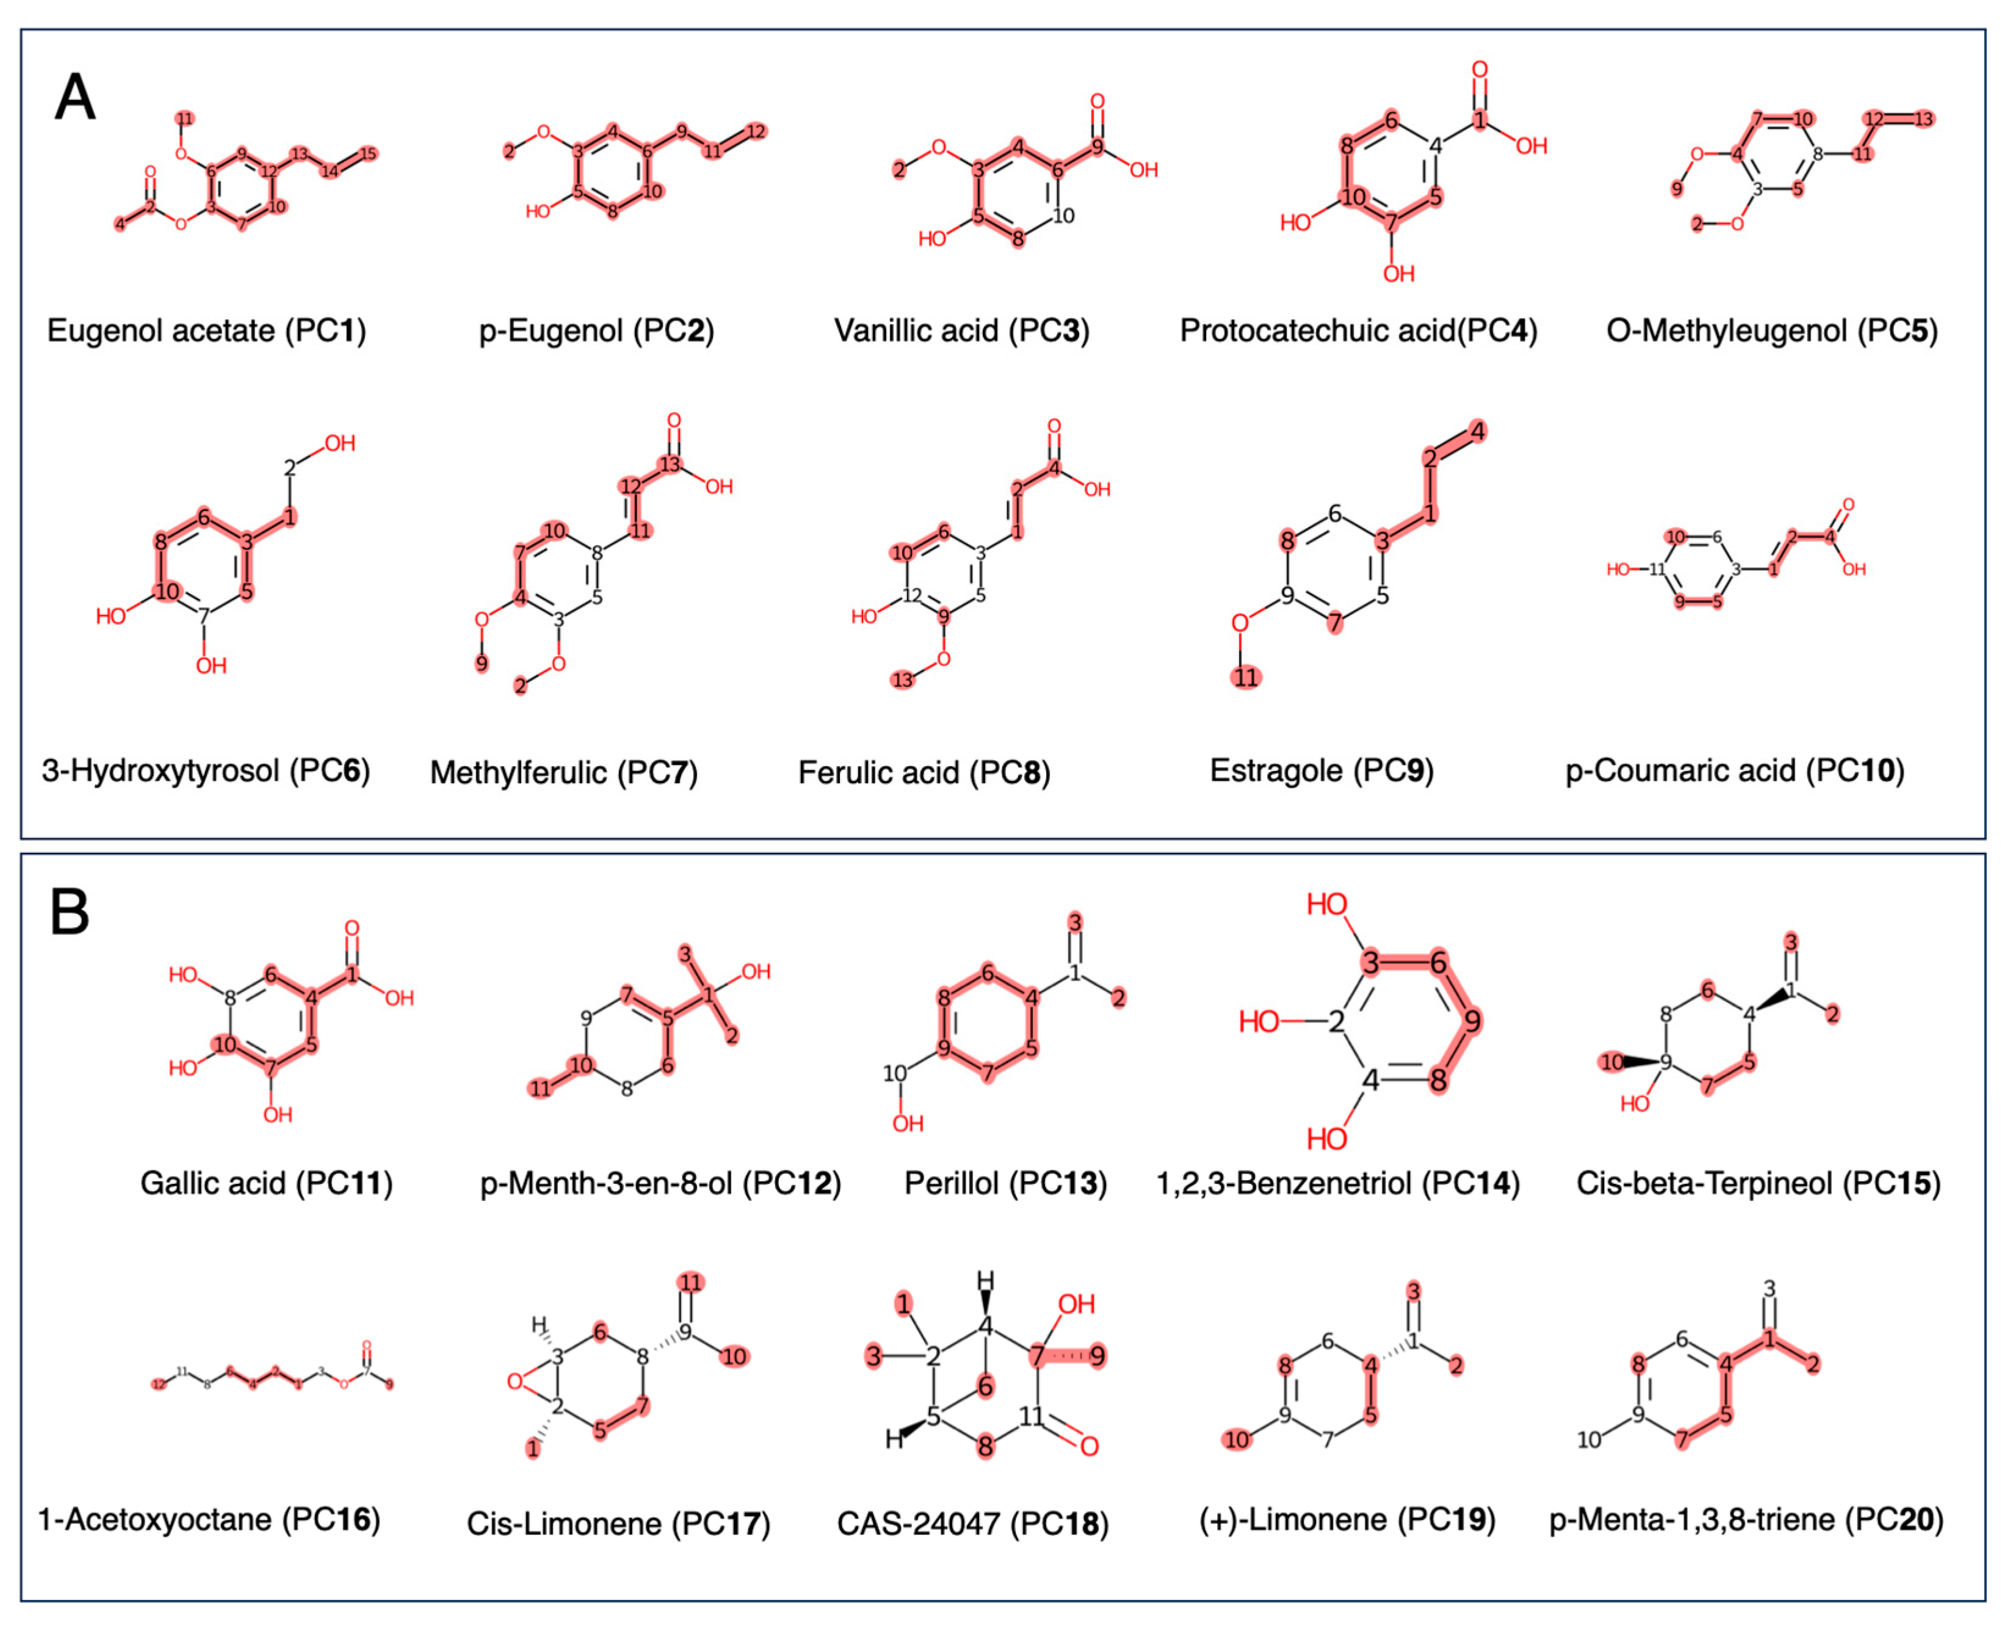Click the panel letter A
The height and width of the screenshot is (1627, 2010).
tap(75, 98)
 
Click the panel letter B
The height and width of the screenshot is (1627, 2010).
tap(70, 912)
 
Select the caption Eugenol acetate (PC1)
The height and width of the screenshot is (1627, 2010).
tap(206, 331)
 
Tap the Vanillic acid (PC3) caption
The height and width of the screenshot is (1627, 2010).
tap(961, 331)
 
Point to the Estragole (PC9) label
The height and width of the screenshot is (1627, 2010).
tap(1321, 770)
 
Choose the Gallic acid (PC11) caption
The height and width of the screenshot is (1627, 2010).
tap(266, 1183)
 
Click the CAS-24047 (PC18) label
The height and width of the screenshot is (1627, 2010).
tap(973, 1523)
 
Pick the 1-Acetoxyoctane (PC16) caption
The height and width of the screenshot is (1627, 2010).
tap(208, 1518)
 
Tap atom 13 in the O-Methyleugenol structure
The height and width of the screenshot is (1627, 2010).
tap(1923, 119)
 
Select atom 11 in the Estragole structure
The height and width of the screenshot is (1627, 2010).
tap(1245, 676)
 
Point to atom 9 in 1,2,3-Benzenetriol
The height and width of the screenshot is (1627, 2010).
tap(1473, 1021)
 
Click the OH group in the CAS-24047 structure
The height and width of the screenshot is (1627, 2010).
tap(1075, 1303)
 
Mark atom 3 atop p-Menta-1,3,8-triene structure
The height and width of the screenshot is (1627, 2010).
tap(1769, 1289)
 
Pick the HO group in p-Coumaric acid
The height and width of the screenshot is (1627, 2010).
tap(1618, 569)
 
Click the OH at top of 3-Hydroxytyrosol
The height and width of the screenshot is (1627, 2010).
tap(339, 443)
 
